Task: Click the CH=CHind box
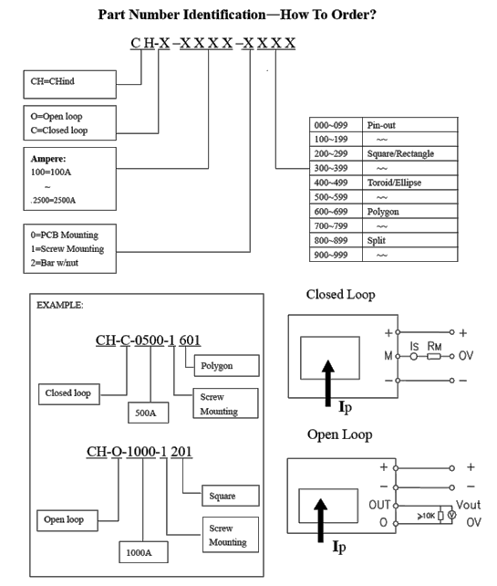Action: [70, 85]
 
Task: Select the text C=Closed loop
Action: [59, 130]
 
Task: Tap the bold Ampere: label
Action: [48, 159]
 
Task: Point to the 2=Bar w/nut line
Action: [55, 263]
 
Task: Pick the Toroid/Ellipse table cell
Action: [410, 183]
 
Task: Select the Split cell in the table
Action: [410, 241]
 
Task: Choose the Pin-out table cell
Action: [410, 125]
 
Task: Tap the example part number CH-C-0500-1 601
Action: [148, 340]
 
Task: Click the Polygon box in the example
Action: [227, 365]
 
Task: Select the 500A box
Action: [149, 413]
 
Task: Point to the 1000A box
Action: [143, 552]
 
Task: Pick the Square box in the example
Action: [231, 496]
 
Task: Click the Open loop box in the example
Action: [67, 520]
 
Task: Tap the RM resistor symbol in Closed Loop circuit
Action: [433, 357]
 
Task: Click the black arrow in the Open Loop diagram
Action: [320, 520]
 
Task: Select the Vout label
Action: [468, 505]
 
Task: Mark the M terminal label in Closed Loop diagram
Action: [388, 356]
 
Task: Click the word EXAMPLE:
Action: [60, 306]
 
